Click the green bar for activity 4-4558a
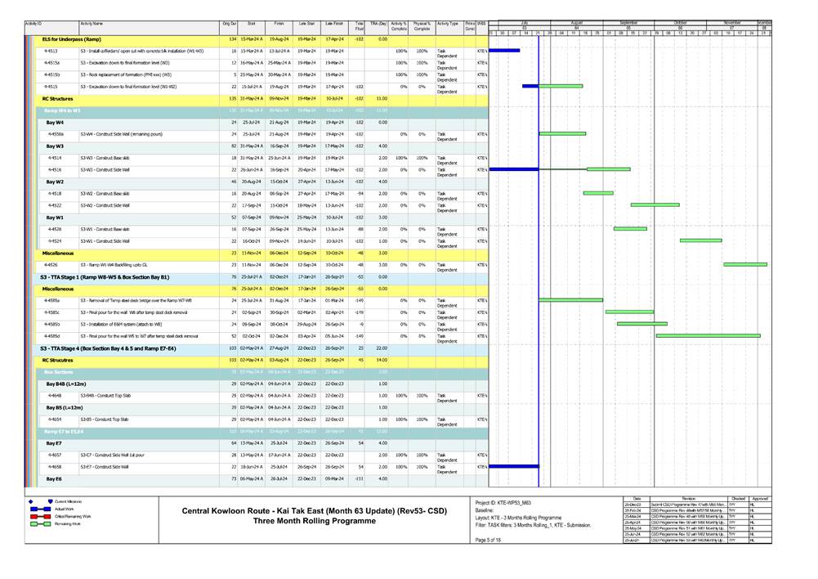pos(562,133)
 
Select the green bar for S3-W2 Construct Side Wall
pos(655,204)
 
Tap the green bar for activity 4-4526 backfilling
pos(744,264)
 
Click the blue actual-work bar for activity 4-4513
pos(504,51)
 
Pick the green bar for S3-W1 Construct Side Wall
pos(700,240)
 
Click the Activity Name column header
pos(92,25)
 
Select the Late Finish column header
pos(334,25)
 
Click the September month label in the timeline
pos(628,23)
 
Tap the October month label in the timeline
pos(681,23)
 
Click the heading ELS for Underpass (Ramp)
pos(72,38)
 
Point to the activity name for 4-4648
pos(101,395)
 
